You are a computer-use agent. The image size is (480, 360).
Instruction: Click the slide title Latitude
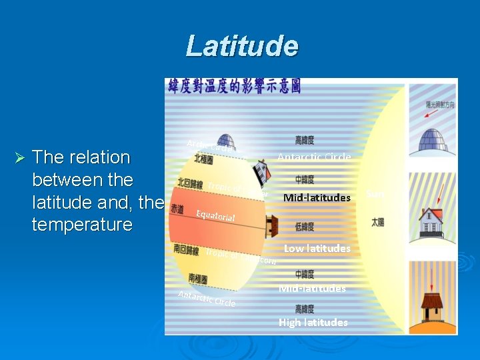point(242,46)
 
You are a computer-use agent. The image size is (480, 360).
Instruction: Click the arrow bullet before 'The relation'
point(19,158)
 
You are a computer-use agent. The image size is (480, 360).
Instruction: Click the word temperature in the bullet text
point(82,224)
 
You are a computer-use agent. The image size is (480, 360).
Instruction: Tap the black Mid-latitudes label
point(317,197)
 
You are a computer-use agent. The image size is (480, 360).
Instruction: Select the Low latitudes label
point(317,248)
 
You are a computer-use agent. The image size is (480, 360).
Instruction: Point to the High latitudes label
point(313,322)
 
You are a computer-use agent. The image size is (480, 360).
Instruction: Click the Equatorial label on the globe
point(215,216)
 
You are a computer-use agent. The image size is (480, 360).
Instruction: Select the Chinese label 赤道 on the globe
point(177,209)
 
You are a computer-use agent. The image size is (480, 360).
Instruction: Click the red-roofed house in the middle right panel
point(436,213)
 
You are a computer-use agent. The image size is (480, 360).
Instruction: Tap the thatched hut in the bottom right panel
point(433,307)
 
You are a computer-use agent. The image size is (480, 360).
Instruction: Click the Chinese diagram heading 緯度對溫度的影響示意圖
point(234,86)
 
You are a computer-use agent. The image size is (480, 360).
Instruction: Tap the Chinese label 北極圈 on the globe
point(203,159)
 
